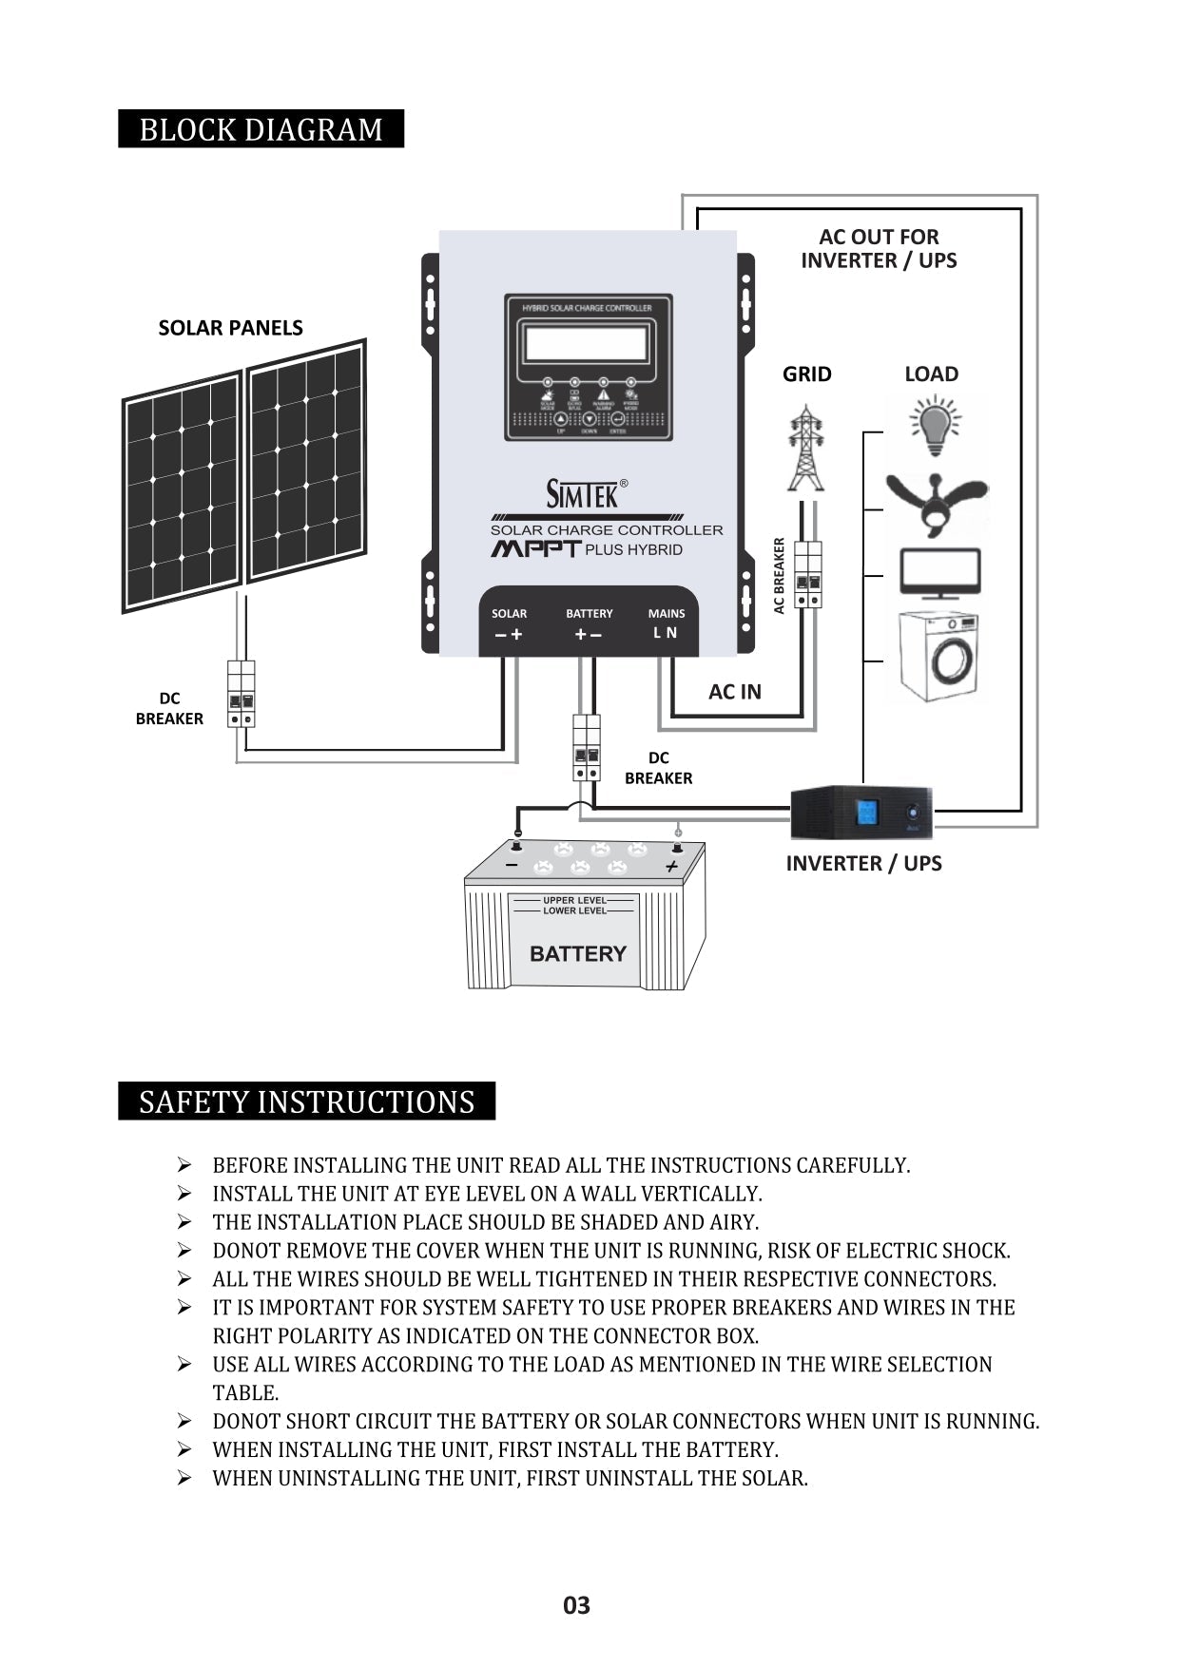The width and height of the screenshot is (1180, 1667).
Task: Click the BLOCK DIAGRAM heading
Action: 261,129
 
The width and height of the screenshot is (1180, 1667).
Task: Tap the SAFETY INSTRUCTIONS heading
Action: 306,1102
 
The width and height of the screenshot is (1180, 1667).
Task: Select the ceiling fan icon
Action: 937,502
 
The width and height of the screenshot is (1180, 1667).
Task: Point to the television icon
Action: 939,573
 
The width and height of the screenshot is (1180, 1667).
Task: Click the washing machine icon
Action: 938,657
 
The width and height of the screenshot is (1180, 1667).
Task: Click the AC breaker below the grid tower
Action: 807,575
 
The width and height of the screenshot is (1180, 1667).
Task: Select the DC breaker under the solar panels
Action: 241,695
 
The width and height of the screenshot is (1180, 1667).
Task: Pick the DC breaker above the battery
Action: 587,748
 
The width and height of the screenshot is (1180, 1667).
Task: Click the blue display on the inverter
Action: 867,813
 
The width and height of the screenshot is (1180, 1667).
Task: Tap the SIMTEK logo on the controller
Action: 582,493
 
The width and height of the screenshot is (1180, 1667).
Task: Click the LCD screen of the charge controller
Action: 586,343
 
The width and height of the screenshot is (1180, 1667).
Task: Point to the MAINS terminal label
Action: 666,614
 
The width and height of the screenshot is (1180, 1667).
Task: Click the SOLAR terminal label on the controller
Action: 509,614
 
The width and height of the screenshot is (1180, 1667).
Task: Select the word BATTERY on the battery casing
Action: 577,953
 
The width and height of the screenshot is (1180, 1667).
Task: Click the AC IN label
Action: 734,692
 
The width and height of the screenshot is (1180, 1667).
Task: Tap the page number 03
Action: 576,1605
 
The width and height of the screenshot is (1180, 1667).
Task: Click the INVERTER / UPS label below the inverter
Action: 863,864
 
